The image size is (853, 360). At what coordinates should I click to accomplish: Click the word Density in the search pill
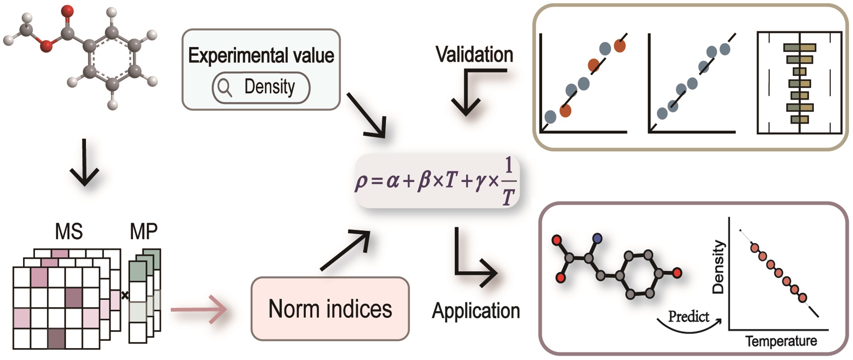[x=269, y=87]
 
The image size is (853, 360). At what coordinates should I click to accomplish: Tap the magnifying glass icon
[x=224, y=88]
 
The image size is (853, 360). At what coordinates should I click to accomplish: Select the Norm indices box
[x=330, y=309]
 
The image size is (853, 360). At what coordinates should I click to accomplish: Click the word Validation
[x=474, y=55]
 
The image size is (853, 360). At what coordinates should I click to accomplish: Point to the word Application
[x=476, y=311]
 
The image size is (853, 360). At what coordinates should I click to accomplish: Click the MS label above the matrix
[x=69, y=232]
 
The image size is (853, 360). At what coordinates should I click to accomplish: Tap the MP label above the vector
[x=144, y=232]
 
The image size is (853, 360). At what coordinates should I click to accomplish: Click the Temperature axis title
[x=781, y=341]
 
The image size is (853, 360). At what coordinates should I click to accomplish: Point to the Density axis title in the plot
[x=719, y=267]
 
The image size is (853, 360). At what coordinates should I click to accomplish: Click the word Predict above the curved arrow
[x=688, y=316]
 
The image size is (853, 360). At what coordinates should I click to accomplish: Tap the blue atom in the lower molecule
[x=598, y=238]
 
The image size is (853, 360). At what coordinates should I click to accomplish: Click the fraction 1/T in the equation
[x=508, y=181]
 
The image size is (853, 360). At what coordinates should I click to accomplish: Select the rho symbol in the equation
[x=361, y=182]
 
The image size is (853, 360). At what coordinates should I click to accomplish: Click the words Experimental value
[x=261, y=56]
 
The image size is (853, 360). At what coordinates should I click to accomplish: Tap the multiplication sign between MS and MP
[x=125, y=295]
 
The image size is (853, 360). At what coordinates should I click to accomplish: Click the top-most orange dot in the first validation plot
[x=620, y=45]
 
